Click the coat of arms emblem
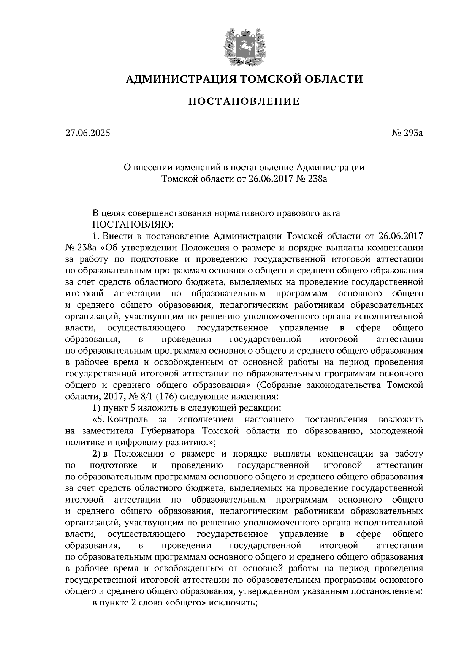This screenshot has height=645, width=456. pyautogui.click(x=244, y=45)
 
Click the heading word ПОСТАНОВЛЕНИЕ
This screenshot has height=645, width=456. pyautogui.click(x=244, y=101)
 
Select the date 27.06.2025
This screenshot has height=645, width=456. pyautogui.click(x=87, y=133)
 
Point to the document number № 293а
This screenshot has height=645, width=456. pyautogui.click(x=407, y=133)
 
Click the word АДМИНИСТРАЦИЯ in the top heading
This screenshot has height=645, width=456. pyautogui.click(x=179, y=79)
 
